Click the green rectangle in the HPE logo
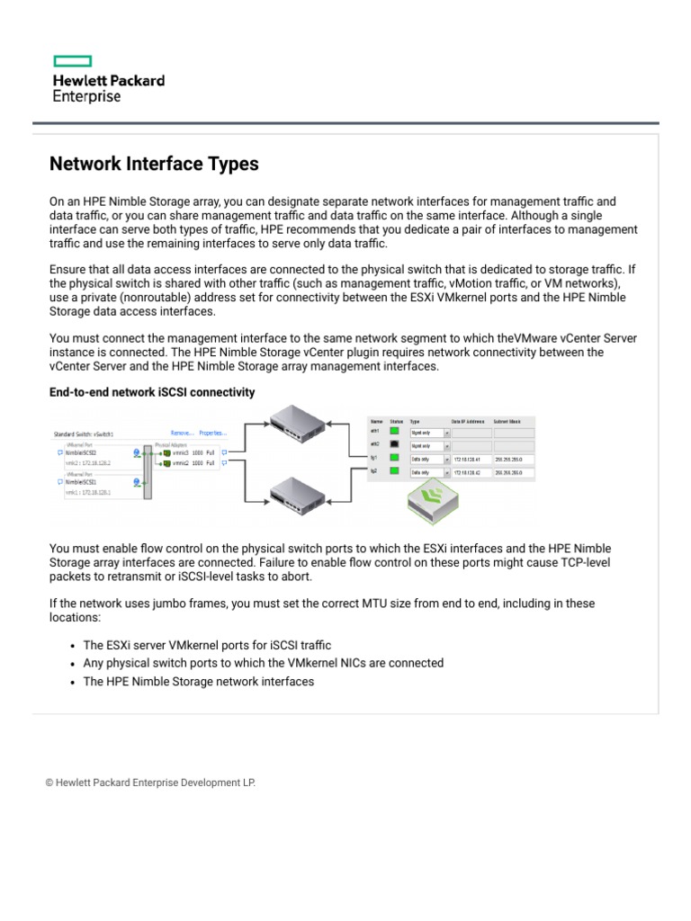coord(73,61)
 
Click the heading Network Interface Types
coord(154,164)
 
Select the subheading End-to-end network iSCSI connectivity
coord(152,392)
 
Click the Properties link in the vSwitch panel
coord(212,433)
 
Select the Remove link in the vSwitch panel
coord(182,433)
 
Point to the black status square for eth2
coord(394,445)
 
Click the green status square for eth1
coord(394,432)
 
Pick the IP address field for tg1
coord(471,459)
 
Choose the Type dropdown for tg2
coord(428,471)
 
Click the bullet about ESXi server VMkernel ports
coord(207,645)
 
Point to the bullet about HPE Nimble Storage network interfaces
coord(199,682)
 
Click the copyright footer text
coord(150,782)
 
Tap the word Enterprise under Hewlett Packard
coord(86,96)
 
